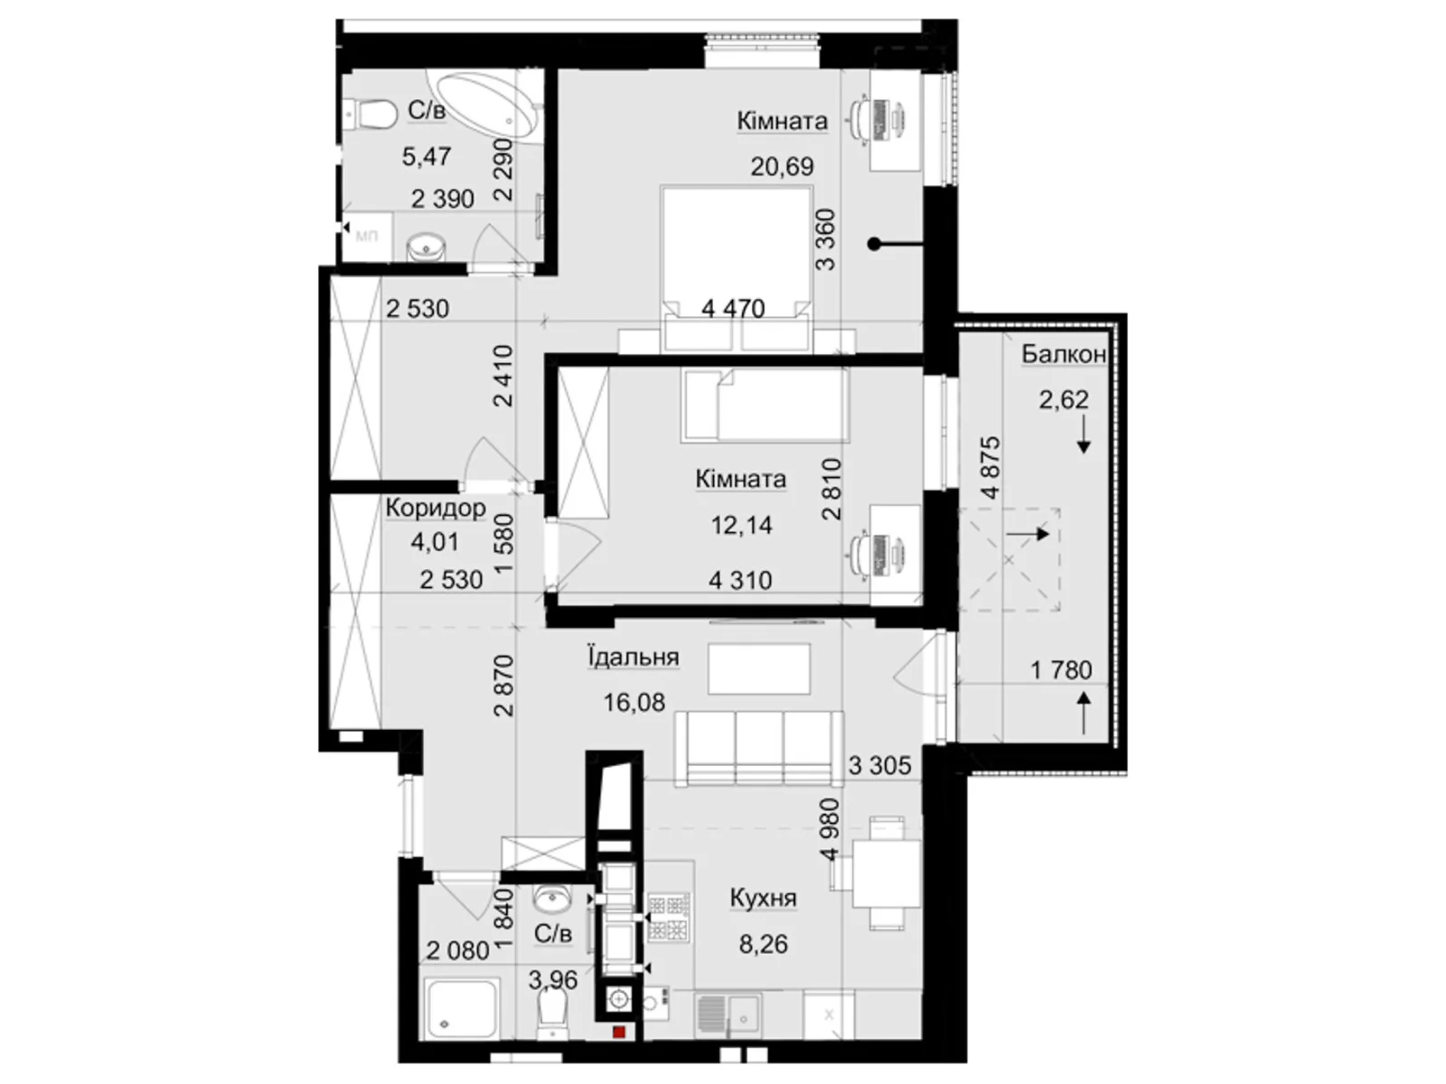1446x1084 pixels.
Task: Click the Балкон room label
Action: [x=1063, y=354]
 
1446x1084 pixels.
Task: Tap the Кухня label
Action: [x=763, y=899]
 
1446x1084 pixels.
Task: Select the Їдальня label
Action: [x=634, y=657]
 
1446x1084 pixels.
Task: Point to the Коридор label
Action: [x=436, y=508]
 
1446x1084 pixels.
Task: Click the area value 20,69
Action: [x=782, y=166]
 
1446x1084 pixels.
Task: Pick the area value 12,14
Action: [x=741, y=525]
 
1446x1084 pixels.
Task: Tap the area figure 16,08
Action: [x=634, y=702]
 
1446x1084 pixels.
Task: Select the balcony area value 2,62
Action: [x=1063, y=399]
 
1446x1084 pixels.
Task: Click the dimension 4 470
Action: [x=733, y=309]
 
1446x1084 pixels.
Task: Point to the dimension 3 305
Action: [x=879, y=765]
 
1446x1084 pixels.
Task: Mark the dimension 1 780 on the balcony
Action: [x=1061, y=670]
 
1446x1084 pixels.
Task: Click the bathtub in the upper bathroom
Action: [x=483, y=106]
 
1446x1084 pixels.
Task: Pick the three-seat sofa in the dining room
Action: [x=759, y=748]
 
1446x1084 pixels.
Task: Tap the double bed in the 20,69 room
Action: [x=737, y=268]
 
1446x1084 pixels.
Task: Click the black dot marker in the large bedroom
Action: [x=874, y=244]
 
